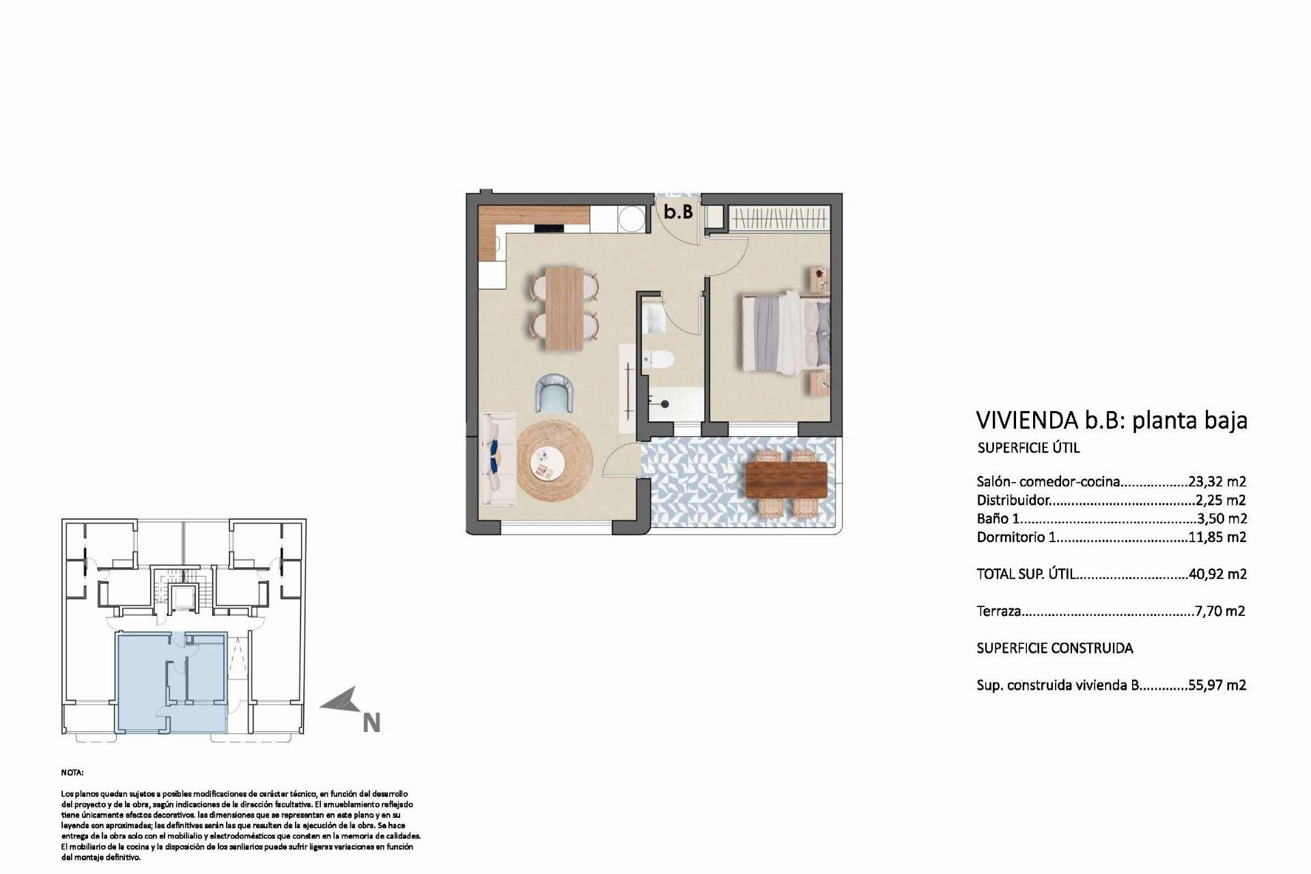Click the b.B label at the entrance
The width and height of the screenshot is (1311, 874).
pyautogui.click(x=678, y=212)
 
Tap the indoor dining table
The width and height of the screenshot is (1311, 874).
pyautogui.click(x=565, y=309)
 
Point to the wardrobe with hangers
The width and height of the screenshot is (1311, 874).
pyautogui.click(x=778, y=219)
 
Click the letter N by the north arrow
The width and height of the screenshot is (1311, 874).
pyautogui.click(x=371, y=723)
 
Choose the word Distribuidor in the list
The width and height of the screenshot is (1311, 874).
pyautogui.click(x=1013, y=501)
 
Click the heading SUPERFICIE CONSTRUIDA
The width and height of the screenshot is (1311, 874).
pyautogui.click(x=1054, y=648)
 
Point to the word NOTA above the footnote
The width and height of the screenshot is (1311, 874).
pyautogui.click(x=72, y=773)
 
